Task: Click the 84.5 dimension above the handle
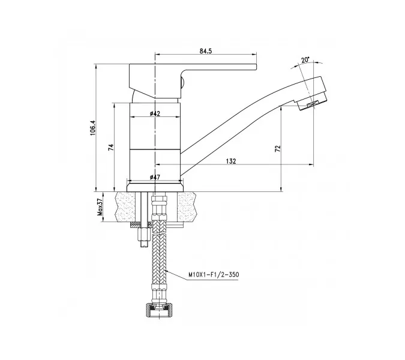tap(205, 52)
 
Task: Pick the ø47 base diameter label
tap(154, 178)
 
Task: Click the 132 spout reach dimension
tap(231, 161)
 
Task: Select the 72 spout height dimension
tap(278, 149)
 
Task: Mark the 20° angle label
tap(305, 60)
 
